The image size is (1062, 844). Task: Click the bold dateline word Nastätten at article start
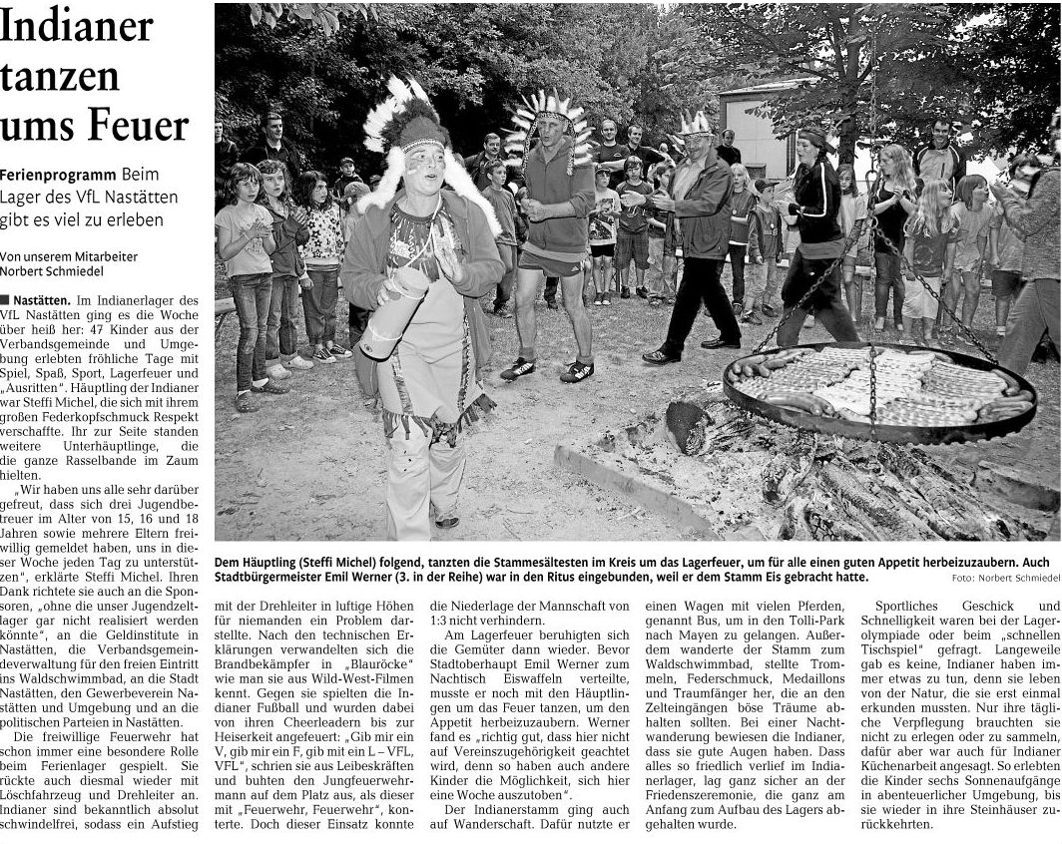pyautogui.click(x=39, y=299)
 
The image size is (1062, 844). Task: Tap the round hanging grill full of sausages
pyautogui.click(x=877, y=390)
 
